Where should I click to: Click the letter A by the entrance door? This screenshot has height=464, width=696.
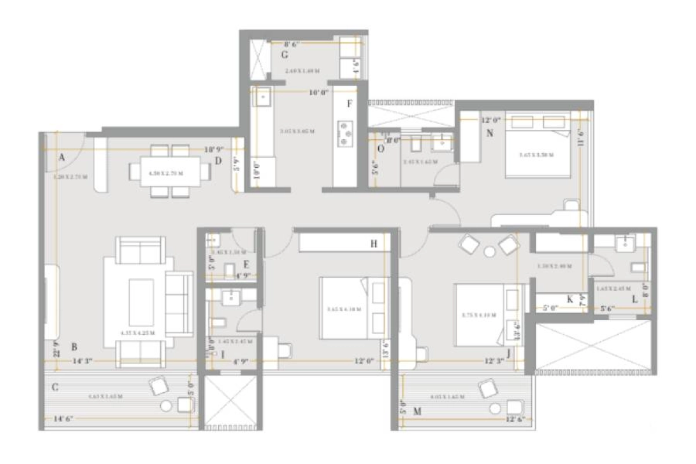click(61, 157)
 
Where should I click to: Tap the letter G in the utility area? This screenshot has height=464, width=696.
click(285, 55)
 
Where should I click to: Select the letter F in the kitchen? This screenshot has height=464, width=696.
click(349, 104)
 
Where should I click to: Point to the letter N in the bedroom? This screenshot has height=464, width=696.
click(490, 133)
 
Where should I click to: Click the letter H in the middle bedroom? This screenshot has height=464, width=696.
click(374, 244)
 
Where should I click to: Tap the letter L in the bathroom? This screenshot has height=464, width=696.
click(635, 299)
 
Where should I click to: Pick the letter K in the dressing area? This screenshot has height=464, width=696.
click(570, 299)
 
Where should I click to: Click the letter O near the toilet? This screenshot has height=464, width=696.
click(380, 148)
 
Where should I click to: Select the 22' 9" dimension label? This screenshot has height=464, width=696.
click(56, 348)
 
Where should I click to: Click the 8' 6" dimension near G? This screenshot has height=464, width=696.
click(295, 43)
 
